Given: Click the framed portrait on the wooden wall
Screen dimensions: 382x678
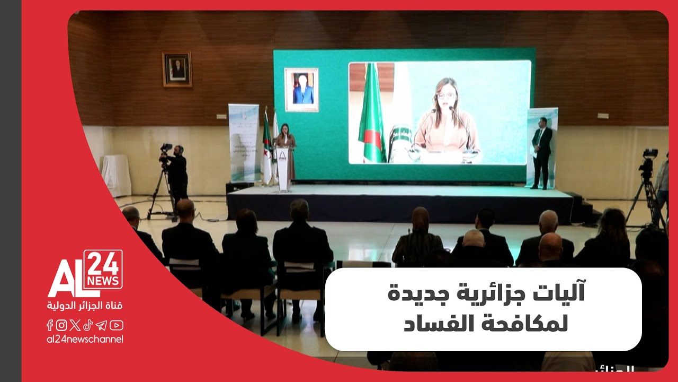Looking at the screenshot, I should (177, 69).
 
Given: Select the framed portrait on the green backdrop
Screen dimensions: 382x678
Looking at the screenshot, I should (301, 89).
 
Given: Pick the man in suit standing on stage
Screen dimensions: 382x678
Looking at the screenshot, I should (542, 152).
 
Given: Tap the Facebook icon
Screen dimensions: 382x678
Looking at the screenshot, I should (50, 325).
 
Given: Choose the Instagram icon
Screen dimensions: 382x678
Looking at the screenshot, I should (61, 325).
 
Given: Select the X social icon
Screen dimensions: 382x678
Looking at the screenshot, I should (75, 325).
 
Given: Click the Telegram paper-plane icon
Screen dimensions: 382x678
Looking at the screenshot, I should (102, 325).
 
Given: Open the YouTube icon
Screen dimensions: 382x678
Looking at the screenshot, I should (117, 325).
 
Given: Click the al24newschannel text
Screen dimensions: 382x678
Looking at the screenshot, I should (85, 339).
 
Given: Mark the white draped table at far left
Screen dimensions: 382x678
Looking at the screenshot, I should (115, 175).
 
